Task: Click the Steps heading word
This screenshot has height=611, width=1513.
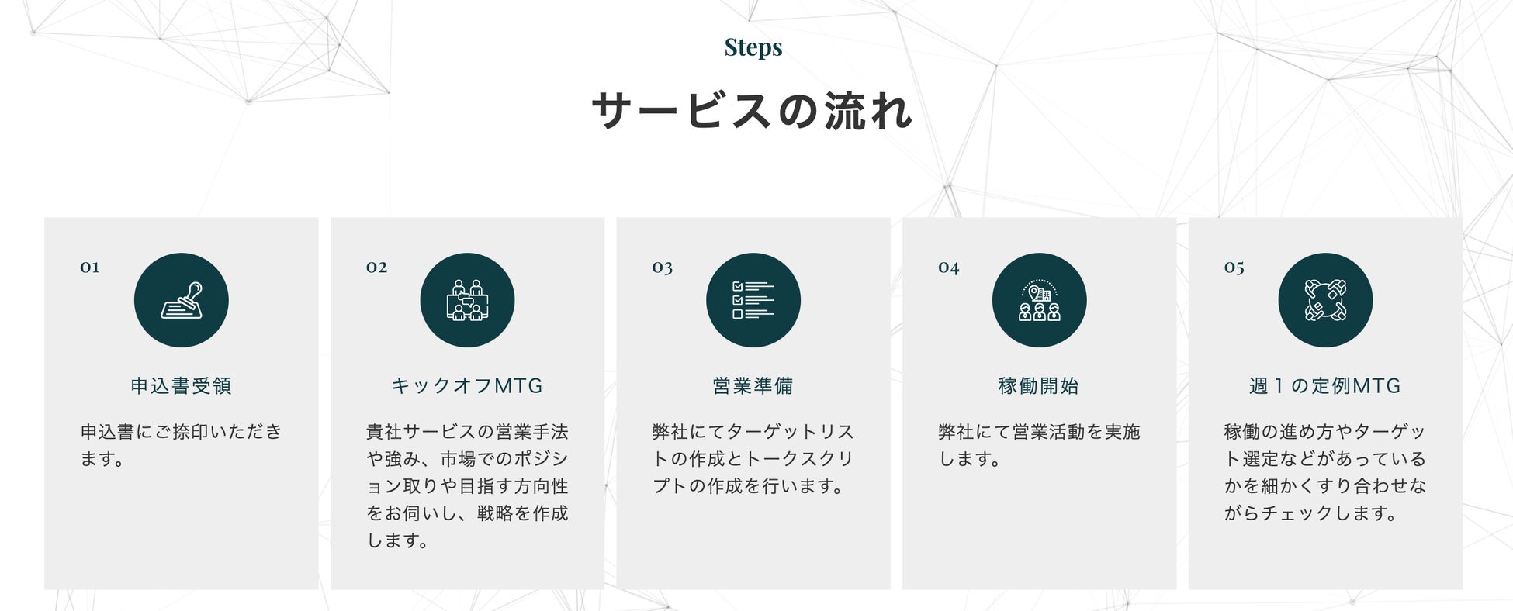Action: [x=753, y=47]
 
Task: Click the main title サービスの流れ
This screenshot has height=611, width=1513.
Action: [x=753, y=110]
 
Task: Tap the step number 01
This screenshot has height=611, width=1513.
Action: [x=89, y=268]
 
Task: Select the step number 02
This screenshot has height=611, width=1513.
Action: [x=376, y=268]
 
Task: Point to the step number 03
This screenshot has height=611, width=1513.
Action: [x=662, y=268]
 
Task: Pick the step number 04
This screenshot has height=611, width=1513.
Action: [x=948, y=268]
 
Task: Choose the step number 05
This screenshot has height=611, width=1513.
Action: [x=1234, y=268]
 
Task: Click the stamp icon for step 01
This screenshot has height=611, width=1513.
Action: [x=182, y=300]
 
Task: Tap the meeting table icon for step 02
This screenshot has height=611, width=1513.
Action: [x=467, y=300]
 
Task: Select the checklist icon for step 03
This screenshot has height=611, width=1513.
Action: [x=753, y=300]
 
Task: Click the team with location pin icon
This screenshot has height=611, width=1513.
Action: [x=1039, y=300]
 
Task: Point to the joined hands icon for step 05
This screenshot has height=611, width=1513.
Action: [x=1325, y=300]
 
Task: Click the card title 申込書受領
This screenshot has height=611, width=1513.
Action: [x=181, y=385]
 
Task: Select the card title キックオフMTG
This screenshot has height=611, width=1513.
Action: [x=467, y=385]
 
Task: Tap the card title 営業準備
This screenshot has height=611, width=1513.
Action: [x=753, y=385]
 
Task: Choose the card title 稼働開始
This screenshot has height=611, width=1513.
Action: [x=1039, y=385]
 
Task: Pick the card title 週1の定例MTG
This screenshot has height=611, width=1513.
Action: [x=1324, y=385]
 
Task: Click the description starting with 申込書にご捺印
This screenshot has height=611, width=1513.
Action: [x=181, y=445]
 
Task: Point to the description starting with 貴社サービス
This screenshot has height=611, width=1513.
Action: [x=467, y=485]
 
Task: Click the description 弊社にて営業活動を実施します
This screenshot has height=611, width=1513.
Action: [x=1039, y=445]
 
